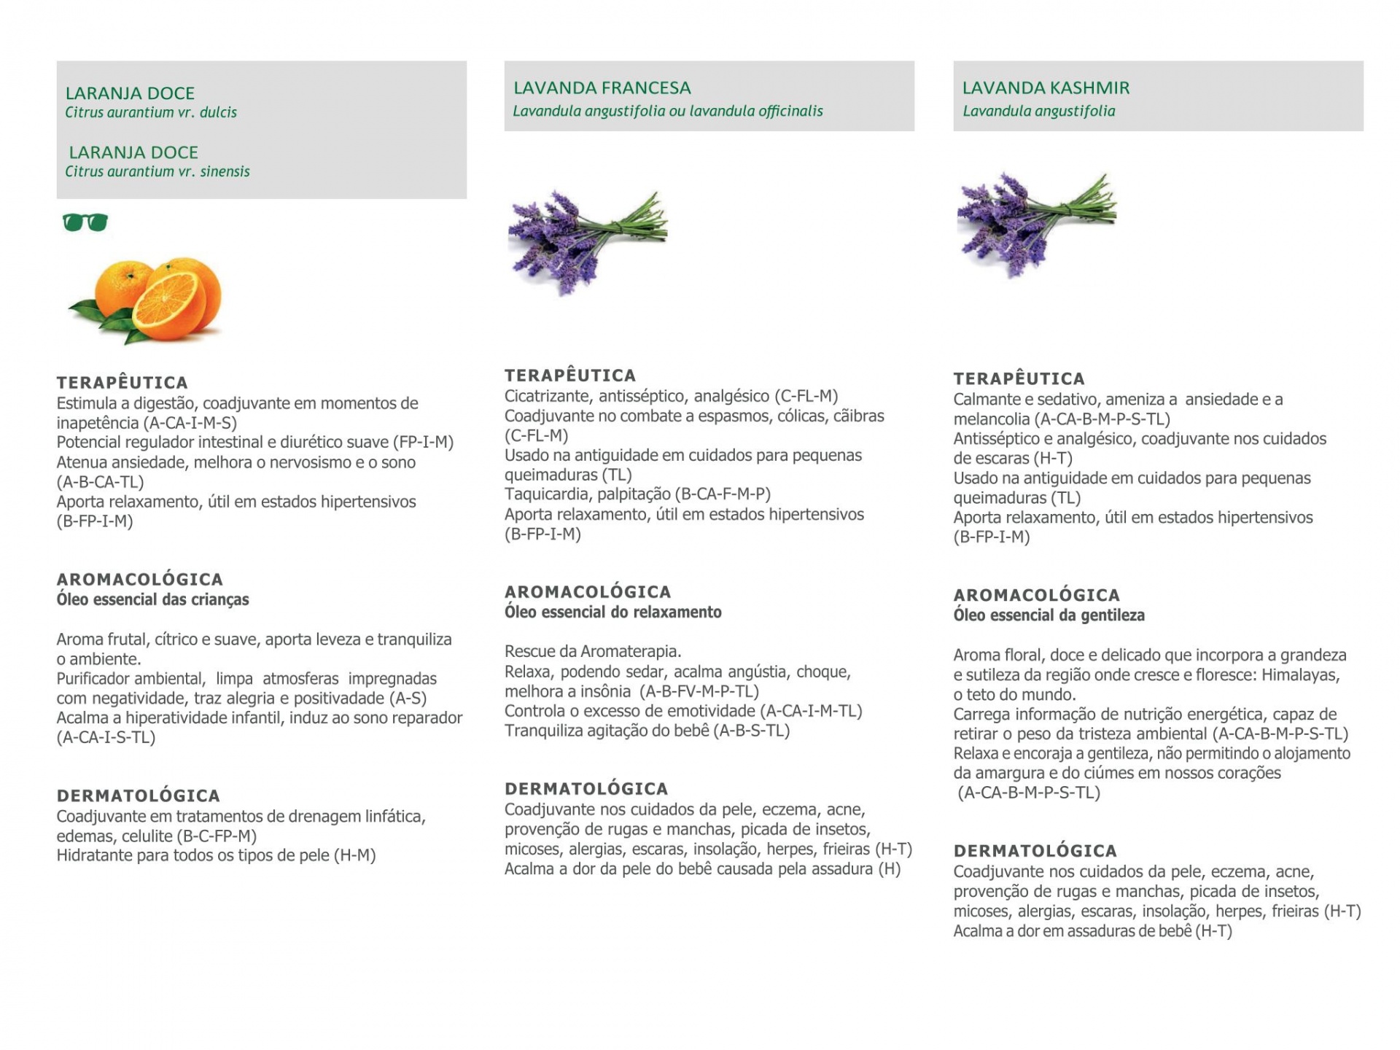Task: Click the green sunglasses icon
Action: pos(85,222)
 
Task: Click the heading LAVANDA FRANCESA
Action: pos(602,88)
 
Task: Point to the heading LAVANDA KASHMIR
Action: pos(1046,88)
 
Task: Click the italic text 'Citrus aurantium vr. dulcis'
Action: pos(151,112)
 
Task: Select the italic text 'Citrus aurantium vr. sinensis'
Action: pos(157,171)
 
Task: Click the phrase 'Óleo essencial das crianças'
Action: pos(152,599)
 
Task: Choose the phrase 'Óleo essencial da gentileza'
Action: pos(1049,615)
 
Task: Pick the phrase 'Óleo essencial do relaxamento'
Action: pos(612,612)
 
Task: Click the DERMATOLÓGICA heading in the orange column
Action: pos(139,796)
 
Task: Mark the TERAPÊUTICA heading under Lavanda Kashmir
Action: pos(1019,379)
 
